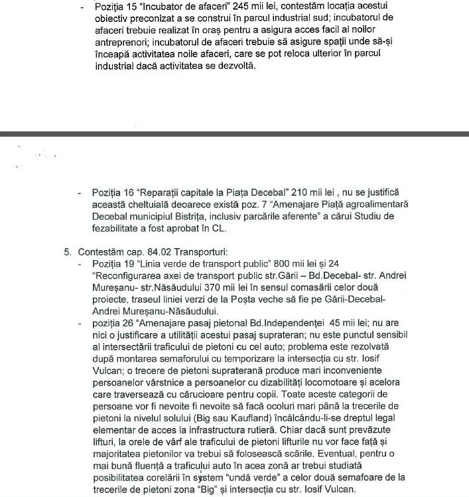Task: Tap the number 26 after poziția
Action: (x=128, y=324)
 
